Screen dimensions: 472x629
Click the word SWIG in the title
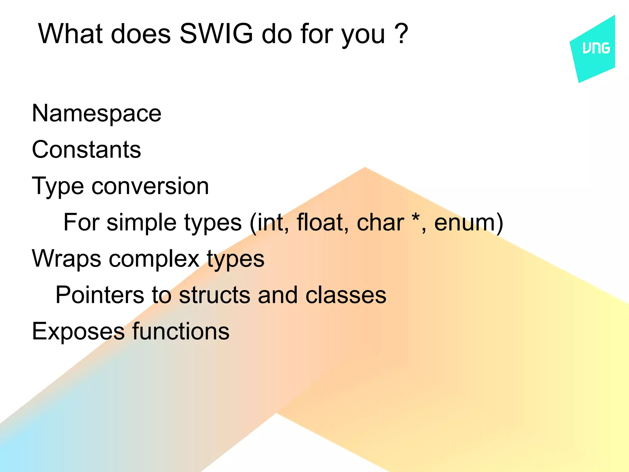coord(216,34)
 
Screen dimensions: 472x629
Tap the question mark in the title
coord(401,34)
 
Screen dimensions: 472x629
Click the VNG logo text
coord(596,48)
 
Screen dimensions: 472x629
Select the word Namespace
coord(97,114)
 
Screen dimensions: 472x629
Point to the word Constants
coord(87,150)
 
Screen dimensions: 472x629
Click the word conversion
coord(150,187)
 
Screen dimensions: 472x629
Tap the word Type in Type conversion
coord(58,187)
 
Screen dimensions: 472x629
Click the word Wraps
coord(66,259)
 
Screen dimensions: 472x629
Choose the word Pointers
coord(100,295)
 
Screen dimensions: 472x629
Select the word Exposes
coord(78,332)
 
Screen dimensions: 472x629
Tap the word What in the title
coord(70,34)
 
